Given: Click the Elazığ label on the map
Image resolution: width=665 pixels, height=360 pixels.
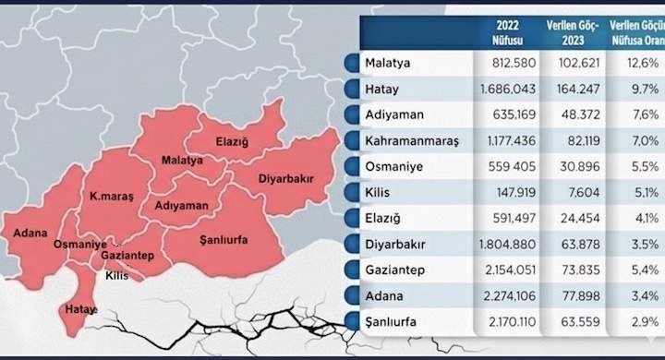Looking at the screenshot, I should (x=231, y=142).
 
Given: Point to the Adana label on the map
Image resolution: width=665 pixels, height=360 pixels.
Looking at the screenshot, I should (x=30, y=232).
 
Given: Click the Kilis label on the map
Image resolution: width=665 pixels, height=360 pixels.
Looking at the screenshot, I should (x=117, y=275).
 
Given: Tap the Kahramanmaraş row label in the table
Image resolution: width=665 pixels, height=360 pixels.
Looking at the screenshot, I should (x=411, y=143).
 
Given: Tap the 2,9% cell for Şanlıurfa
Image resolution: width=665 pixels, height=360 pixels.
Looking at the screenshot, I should (x=642, y=324).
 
